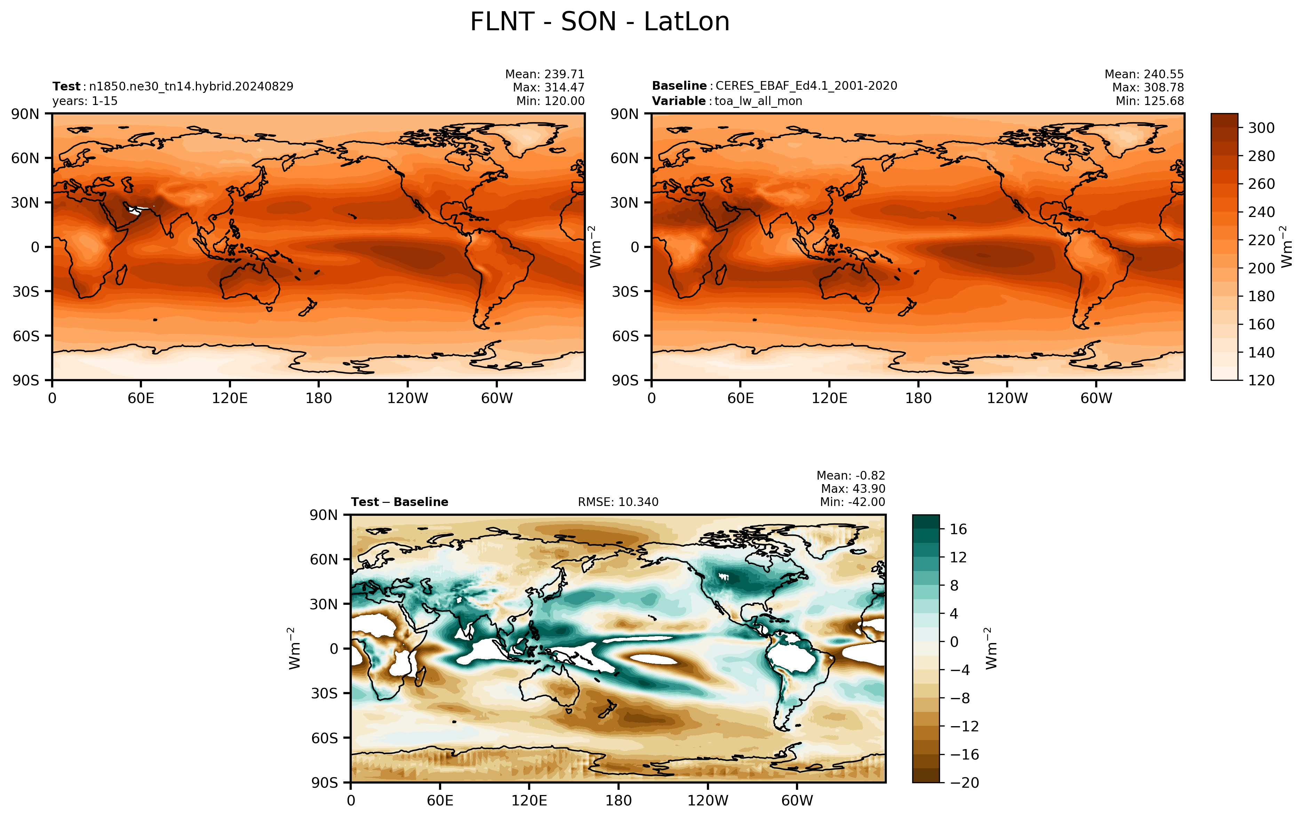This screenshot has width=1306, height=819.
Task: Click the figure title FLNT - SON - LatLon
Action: pyautogui.click(x=600, y=22)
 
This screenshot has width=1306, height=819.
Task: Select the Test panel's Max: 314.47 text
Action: pyautogui.click(x=548, y=87)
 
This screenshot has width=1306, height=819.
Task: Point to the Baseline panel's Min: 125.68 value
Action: pyautogui.click(x=1149, y=101)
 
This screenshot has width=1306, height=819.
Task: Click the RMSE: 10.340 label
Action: pyautogui.click(x=618, y=502)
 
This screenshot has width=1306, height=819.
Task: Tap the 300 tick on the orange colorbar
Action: pyautogui.click(x=1261, y=128)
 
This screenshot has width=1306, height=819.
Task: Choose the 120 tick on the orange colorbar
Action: pyautogui.click(x=1261, y=380)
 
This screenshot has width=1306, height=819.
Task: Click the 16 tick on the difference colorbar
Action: pyautogui.click(x=958, y=529)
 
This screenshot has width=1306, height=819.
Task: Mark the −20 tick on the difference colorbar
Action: pyautogui.click(x=964, y=783)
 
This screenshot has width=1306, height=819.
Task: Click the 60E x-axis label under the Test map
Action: pyautogui.click(x=141, y=399)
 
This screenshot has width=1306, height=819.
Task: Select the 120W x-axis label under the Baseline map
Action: pyautogui.click(x=1007, y=399)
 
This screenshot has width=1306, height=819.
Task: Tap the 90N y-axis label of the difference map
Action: pyautogui.click(x=324, y=515)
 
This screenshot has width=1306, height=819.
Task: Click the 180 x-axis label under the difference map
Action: pyautogui.click(x=618, y=801)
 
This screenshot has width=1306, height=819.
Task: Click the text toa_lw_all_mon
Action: pyautogui.click(x=758, y=101)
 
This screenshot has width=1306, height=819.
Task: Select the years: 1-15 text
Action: pyautogui.click(x=85, y=101)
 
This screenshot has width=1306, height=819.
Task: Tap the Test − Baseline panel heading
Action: pyautogui.click(x=400, y=502)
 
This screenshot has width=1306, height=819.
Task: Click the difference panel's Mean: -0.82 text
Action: pyautogui.click(x=851, y=476)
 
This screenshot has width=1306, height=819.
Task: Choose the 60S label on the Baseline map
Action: pyautogui.click(x=625, y=336)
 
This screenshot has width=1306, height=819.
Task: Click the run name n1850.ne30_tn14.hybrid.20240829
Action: pyautogui.click(x=191, y=86)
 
